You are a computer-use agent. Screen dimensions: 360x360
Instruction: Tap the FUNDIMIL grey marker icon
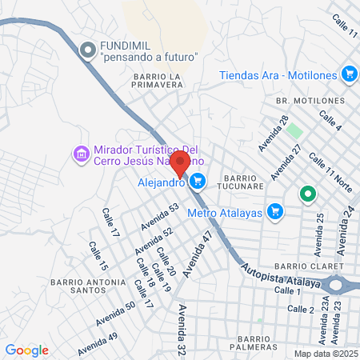87,50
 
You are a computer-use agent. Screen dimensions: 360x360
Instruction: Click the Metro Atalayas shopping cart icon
276,212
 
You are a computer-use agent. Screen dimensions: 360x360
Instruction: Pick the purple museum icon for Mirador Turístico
81,154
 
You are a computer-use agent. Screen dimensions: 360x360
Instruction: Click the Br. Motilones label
309,101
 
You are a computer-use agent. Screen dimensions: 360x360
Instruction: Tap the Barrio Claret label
307,266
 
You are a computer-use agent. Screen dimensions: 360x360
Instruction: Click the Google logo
26,350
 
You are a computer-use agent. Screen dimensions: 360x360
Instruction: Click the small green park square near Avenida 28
294,130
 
